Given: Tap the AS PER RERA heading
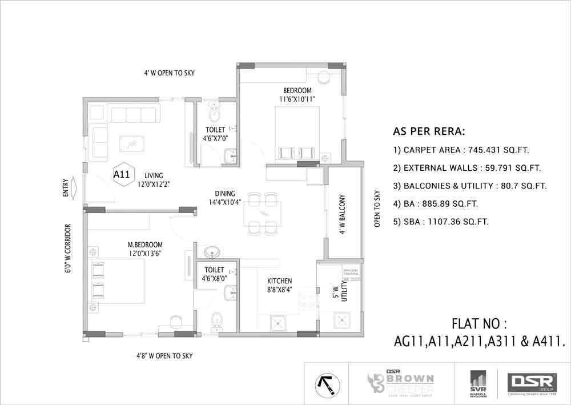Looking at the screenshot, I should pos(429,131).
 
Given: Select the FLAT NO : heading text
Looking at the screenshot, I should pos(479,324).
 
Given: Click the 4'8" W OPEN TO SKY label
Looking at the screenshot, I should pos(164,356).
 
